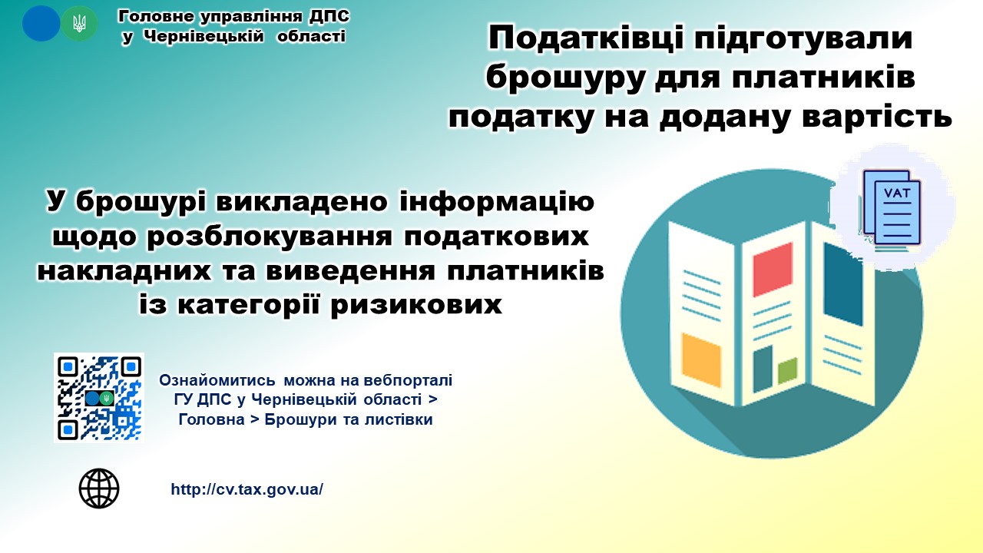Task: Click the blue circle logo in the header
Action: pyautogui.click(x=41, y=23)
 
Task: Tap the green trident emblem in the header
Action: pyautogui.click(x=79, y=23)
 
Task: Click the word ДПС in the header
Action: pyautogui.click(x=329, y=16)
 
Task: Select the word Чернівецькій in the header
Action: pyautogui.click(x=204, y=36)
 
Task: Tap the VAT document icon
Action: pyautogui.click(x=892, y=207)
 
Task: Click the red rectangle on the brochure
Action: pyautogui.click(x=773, y=269)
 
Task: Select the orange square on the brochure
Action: pyautogui.click(x=701, y=360)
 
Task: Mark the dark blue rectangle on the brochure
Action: pyautogui.click(x=843, y=284)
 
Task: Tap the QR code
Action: pyautogui.click(x=99, y=398)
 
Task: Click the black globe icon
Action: pyautogui.click(x=99, y=488)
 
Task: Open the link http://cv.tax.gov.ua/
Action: pyautogui.click(x=247, y=489)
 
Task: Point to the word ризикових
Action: pyautogui.click(x=416, y=304)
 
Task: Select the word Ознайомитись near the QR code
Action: pyautogui.click(x=217, y=380)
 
